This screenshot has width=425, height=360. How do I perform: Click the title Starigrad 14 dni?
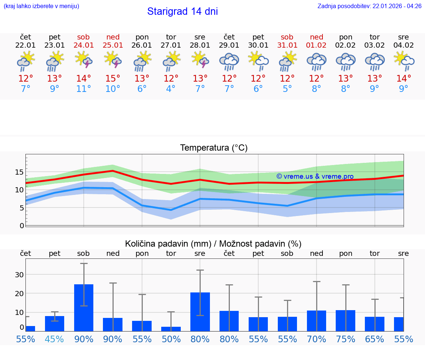pos(182,11)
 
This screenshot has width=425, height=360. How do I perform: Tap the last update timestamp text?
pos(369,6)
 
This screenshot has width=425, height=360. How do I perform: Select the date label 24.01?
pos(84,45)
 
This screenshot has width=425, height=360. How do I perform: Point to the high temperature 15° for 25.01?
pos(113,79)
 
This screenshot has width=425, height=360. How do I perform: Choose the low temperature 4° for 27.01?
pos(171,89)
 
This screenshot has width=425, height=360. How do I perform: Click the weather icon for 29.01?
pos(229,61)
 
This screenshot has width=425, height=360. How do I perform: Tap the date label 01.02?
pos(316,45)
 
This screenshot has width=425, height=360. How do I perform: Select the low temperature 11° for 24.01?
pos(84,89)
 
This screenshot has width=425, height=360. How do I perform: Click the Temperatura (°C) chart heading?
pos(214,148)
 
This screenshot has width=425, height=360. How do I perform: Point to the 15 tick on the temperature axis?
pos(19,172)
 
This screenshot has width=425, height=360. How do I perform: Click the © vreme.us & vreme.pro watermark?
pos(315,176)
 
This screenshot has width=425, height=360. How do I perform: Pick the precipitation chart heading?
pos(213,244)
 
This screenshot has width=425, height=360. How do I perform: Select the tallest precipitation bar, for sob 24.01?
pos(84,308)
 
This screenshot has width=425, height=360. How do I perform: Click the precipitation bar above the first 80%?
pos(200,312)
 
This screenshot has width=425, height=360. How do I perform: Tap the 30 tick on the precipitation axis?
pos(19,274)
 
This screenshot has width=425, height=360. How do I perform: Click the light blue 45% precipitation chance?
pos(55,339)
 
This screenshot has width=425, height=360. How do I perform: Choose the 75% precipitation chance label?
pos(346,339)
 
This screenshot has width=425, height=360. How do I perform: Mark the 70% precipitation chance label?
pos(317,339)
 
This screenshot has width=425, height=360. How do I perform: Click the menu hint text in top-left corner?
pos(41,6)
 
